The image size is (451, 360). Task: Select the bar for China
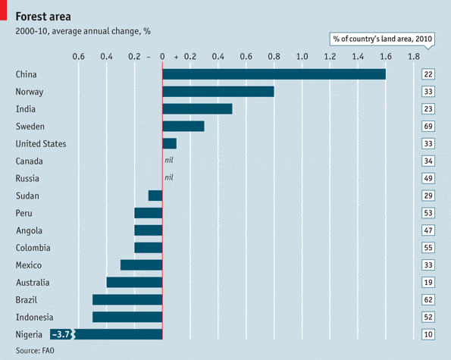(274, 74)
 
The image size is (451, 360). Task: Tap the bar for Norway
(218, 92)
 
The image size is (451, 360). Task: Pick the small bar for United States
(169, 144)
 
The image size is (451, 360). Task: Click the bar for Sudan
(155, 196)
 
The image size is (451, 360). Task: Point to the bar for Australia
(134, 283)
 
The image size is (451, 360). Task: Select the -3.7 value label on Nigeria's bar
(61, 334)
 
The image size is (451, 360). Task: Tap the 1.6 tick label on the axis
(385, 57)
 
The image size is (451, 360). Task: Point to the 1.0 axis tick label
(302, 57)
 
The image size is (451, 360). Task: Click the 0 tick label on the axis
(162, 57)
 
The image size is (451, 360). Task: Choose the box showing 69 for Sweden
(428, 127)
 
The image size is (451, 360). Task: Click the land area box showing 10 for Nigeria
(428, 334)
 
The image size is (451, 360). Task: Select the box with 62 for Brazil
(428, 300)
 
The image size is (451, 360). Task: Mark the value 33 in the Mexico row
(428, 265)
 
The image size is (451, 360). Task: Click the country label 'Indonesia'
(35, 318)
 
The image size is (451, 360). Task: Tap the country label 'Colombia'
(33, 248)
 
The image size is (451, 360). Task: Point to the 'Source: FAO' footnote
(35, 351)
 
